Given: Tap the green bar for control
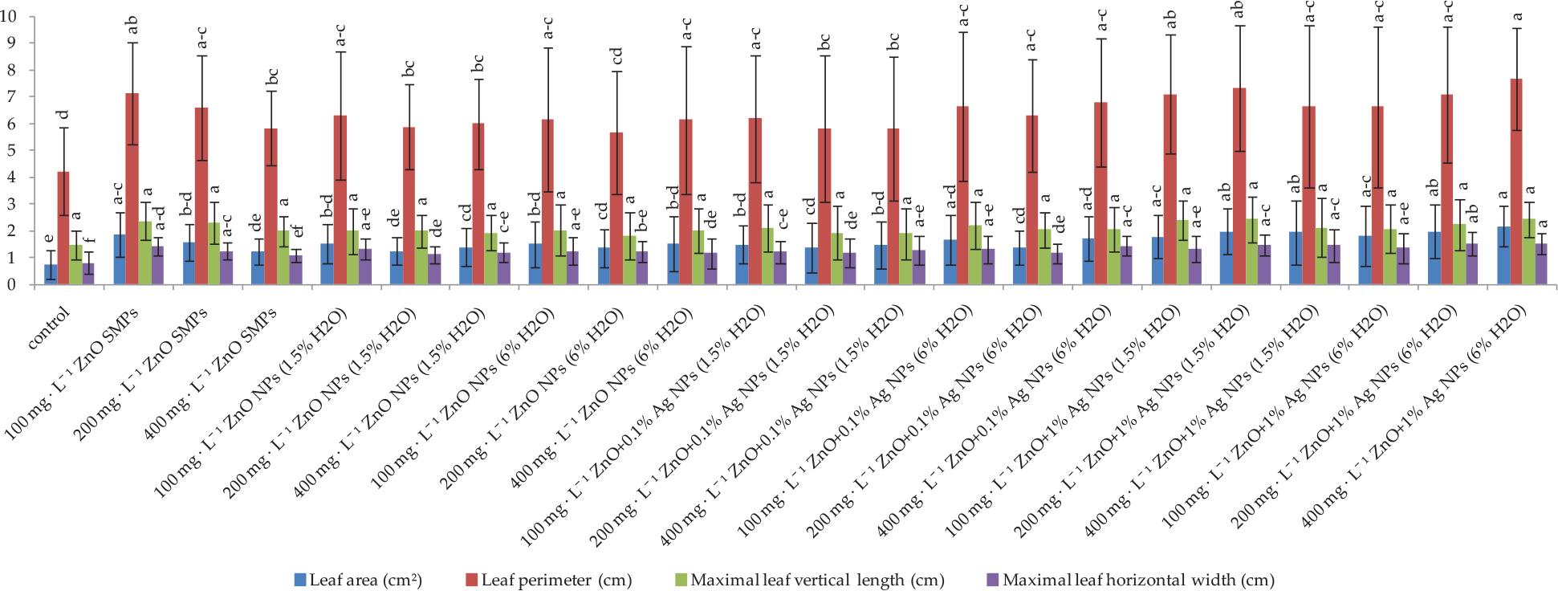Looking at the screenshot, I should [75, 266].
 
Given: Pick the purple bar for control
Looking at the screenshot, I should [88, 274].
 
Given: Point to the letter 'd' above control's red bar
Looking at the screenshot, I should [63, 115].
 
